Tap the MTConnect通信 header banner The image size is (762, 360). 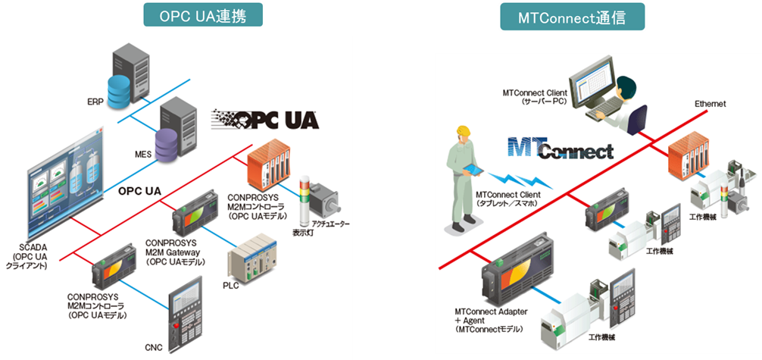573,16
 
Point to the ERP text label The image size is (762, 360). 95,102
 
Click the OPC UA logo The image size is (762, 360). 266,120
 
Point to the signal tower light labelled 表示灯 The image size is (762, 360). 304,200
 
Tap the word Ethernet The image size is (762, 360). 711,103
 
